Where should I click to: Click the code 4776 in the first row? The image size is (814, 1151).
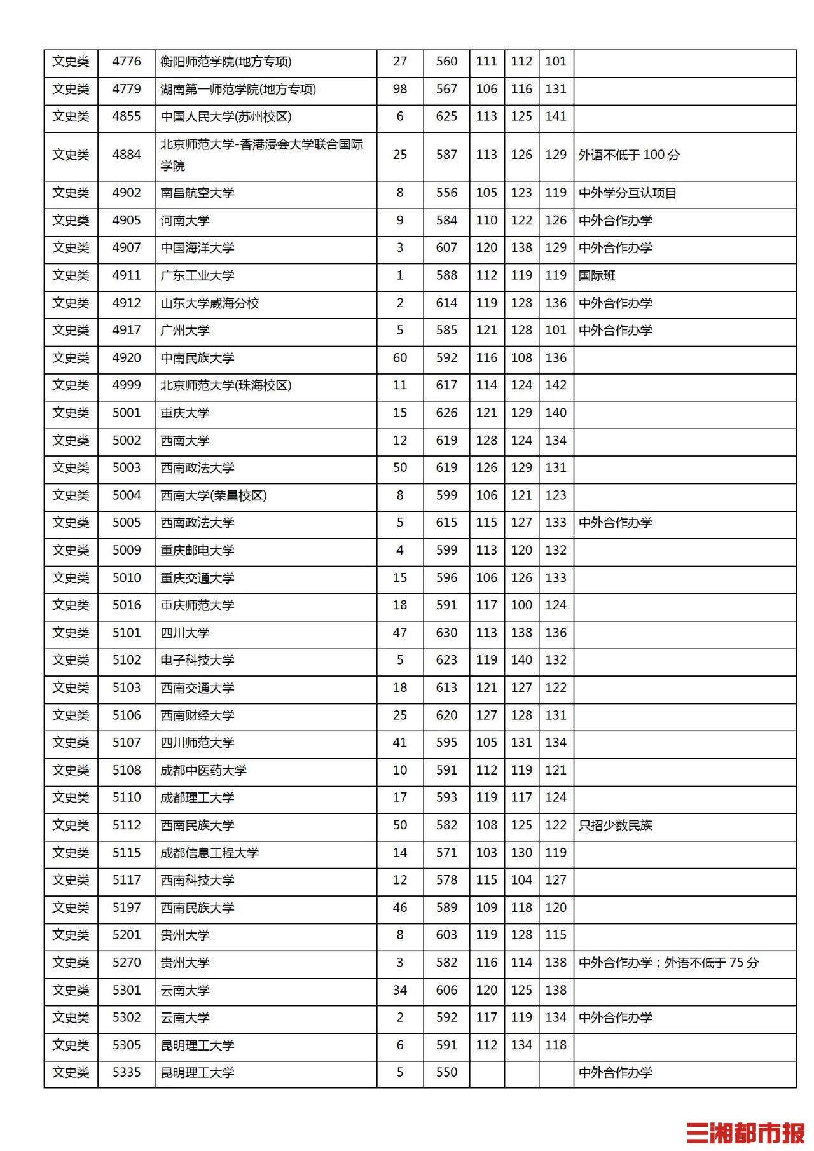127,62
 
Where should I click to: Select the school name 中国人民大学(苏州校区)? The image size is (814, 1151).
226,117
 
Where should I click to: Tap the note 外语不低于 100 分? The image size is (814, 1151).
629,155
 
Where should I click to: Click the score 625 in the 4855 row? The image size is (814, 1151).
446,117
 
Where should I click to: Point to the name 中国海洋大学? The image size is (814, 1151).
197,248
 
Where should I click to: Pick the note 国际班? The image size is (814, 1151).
597,276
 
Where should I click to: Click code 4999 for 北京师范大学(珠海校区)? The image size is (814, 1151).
127,385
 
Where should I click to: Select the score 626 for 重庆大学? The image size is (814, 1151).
446,413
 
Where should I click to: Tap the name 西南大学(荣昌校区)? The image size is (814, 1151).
214,495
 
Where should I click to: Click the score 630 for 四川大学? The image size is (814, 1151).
446,633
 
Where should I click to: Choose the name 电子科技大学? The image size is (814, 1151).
197,661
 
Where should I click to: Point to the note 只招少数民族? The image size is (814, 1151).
615,825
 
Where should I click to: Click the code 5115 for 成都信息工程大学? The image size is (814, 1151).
127,853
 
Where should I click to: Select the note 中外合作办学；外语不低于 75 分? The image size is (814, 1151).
668,963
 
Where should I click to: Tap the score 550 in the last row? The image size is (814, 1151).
446,1073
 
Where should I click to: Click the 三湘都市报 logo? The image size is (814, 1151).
745,1133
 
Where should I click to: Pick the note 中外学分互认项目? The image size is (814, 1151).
627,193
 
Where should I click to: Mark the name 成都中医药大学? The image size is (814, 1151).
203,771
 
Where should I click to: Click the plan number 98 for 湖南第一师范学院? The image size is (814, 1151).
400,90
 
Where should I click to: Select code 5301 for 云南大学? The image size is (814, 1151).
127,990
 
